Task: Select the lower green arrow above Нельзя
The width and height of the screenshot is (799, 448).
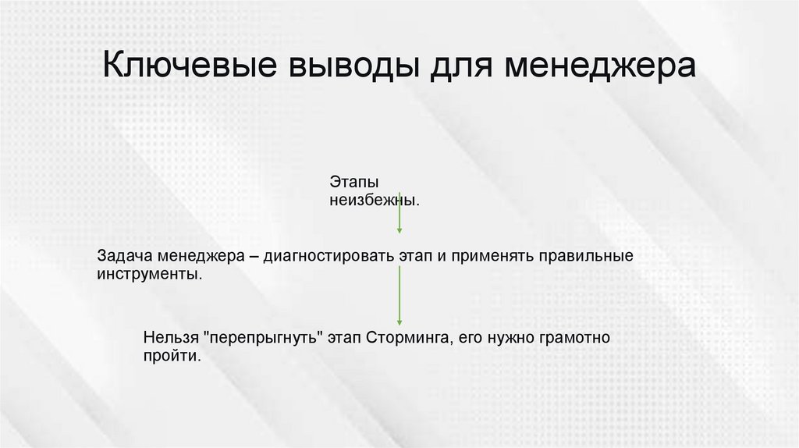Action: point(399,295)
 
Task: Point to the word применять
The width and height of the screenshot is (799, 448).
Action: point(488,257)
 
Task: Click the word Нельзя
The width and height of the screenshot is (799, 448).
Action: point(170,338)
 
